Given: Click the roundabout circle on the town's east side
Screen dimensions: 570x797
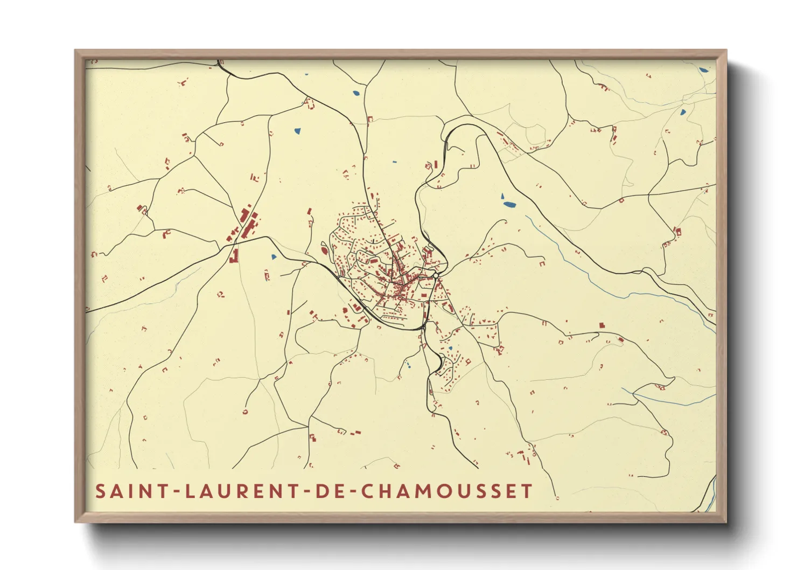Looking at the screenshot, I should point(436,276).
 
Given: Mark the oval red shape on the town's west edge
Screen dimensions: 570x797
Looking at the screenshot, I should point(324,249).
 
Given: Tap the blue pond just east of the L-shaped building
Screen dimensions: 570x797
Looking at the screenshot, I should point(274,257).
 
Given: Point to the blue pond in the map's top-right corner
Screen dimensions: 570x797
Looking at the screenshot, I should point(703,69).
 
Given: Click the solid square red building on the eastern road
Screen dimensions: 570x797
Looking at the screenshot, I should point(602,325).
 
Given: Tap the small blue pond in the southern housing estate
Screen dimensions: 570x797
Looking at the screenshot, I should point(450,349).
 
